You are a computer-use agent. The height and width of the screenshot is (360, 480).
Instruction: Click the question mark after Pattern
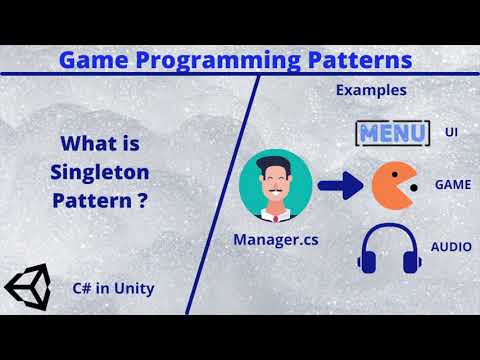145,199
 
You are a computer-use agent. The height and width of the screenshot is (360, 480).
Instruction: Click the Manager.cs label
275,239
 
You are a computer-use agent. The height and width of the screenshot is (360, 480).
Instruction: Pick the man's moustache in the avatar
275,187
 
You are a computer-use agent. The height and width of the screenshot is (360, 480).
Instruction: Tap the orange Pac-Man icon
393,185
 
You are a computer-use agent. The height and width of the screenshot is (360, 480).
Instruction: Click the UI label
451,131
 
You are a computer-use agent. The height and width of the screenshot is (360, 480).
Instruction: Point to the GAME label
452,185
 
